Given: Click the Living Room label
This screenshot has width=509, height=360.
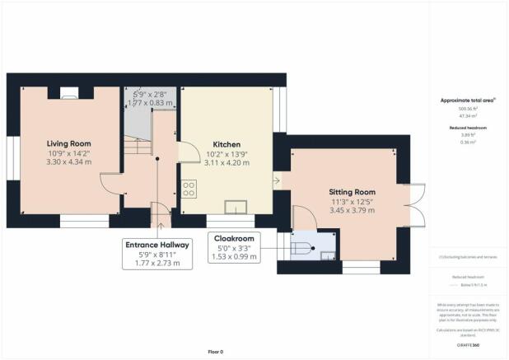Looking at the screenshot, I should pos(68,143).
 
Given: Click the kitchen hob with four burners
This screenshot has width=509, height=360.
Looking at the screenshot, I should pos(190,189).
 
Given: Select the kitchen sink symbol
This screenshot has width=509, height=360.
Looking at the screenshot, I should pos(236,207).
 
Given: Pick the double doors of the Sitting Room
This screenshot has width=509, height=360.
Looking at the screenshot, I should pos(414,203).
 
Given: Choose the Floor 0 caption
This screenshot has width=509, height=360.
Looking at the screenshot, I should pos(215,352).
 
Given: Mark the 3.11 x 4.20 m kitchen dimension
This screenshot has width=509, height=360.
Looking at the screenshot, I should pos(226,164).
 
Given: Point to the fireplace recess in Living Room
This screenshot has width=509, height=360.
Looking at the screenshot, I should pos(68,91).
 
